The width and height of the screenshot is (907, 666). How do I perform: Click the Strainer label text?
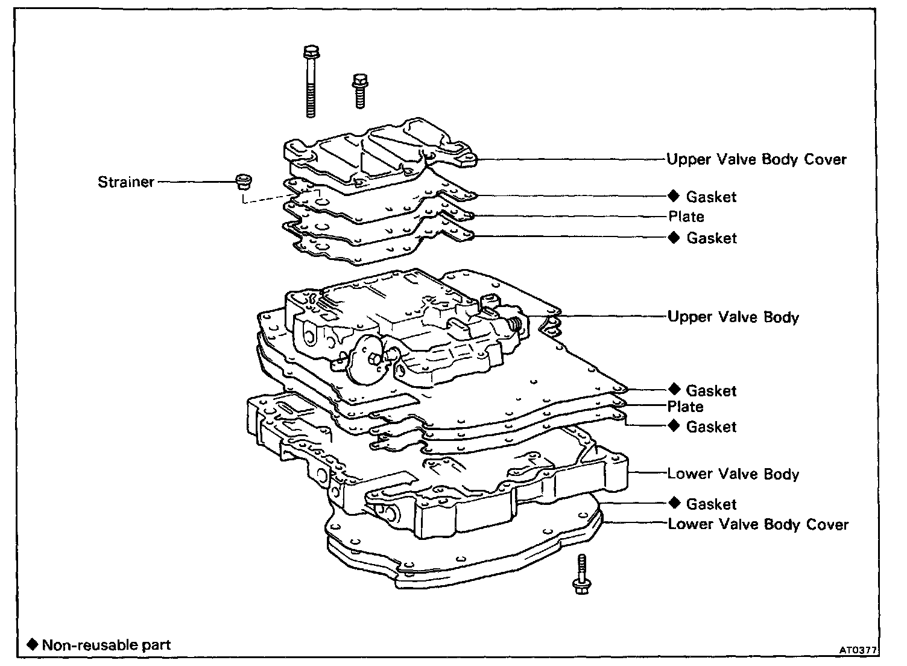(125, 182)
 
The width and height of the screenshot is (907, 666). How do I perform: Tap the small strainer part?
(243, 181)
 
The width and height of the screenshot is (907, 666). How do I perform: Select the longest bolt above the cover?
(311, 81)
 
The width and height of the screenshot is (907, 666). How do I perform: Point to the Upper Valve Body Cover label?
(756, 160)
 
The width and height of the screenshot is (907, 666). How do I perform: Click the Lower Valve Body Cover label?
(758, 524)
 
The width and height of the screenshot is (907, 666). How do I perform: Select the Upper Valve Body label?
(733, 317)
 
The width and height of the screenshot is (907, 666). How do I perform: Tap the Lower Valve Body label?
(733, 474)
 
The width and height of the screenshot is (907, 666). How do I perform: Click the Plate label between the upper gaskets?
(686, 217)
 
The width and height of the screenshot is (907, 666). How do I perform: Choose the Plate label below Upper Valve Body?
(685, 407)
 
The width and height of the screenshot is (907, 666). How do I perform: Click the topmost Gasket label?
(711, 197)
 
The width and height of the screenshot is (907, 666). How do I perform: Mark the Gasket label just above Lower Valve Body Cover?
(711, 504)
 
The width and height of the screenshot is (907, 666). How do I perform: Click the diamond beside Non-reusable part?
(33, 644)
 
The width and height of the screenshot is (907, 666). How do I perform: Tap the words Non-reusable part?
(106, 645)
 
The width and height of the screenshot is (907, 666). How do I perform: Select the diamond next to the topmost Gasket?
(674, 196)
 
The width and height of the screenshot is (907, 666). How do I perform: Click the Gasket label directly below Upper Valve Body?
(711, 391)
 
